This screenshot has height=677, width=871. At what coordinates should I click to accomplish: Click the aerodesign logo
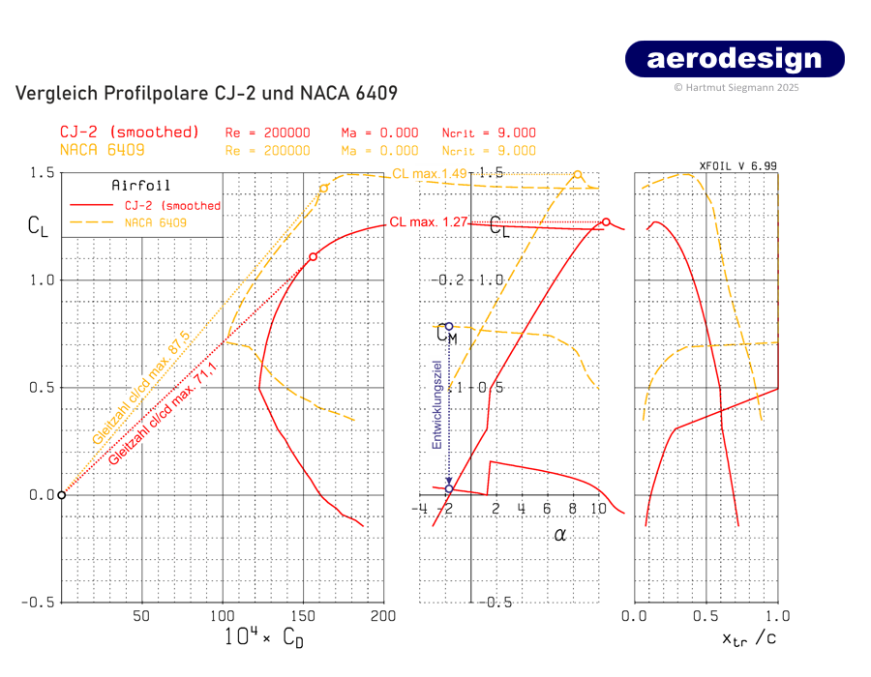click(x=735, y=59)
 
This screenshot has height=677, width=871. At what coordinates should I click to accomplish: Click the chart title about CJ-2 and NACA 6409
click(x=206, y=94)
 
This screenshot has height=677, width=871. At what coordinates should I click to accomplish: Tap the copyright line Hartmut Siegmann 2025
click(x=736, y=87)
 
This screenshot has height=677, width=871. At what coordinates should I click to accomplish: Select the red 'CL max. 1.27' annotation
click(x=429, y=221)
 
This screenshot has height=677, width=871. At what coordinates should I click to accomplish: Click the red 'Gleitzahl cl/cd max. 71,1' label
click(x=164, y=412)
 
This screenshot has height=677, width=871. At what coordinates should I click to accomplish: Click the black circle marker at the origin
click(x=61, y=495)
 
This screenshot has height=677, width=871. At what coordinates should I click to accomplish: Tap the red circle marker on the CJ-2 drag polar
click(x=313, y=256)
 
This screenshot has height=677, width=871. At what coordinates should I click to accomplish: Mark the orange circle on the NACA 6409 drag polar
click(x=323, y=188)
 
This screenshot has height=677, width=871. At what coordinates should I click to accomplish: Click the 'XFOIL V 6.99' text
click(x=737, y=166)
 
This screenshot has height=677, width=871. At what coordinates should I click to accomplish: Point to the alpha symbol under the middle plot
click(x=559, y=533)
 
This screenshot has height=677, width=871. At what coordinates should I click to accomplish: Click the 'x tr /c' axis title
click(x=748, y=637)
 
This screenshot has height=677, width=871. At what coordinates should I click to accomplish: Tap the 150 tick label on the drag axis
click(x=304, y=616)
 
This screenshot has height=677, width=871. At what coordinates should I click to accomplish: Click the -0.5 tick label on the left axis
click(x=38, y=602)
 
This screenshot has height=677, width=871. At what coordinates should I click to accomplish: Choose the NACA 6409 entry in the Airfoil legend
click(x=156, y=222)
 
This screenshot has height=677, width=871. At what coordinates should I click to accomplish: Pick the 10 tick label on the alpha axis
click(x=598, y=509)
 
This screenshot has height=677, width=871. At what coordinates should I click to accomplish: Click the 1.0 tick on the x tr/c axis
click(x=777, y=616)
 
